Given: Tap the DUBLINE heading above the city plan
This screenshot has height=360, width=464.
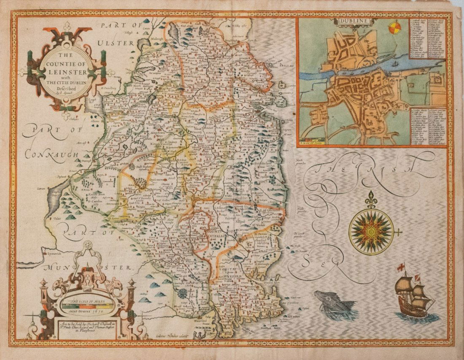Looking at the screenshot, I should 350,20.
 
